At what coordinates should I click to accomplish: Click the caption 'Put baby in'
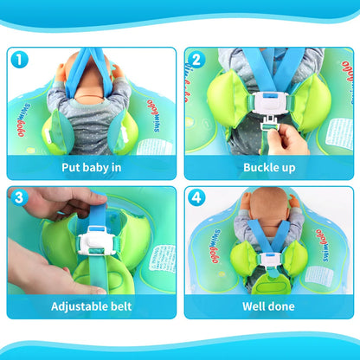pyautogui.click(x=91, y=168)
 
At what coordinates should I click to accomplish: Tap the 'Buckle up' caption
pyautogui.click(x=267, y=168)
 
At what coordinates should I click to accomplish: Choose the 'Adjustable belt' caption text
pyautogui.click(x=91, y=306)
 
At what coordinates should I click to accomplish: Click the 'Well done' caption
pyautogui.click(x=267, y=306)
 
